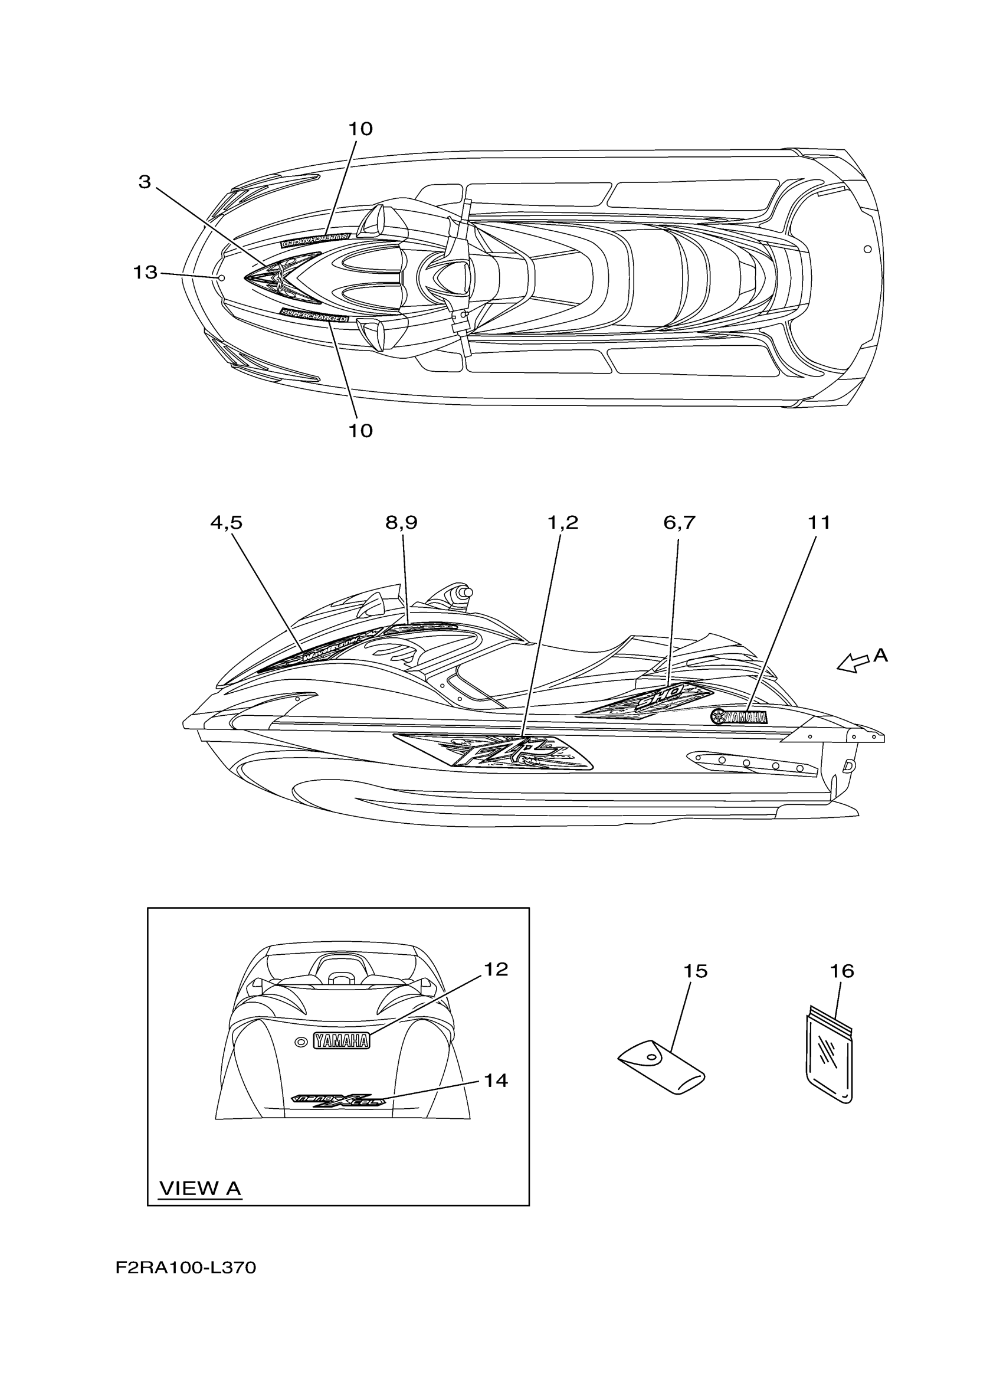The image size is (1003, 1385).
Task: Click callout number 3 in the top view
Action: click(144, 182)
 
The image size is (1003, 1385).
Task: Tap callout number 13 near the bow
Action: click(145, 273)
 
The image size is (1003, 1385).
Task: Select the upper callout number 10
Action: click(360, 129)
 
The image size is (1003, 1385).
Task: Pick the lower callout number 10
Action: click(360, 431)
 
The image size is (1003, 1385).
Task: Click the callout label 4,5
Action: click(226, 523)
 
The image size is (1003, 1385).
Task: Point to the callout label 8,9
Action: click(401, 523)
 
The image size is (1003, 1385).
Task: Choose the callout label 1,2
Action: click(562, 523)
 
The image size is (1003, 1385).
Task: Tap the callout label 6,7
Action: click(679, 523)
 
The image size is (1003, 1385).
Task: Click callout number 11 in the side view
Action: click(820, 523)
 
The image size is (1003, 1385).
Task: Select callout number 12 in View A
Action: click(496, 969)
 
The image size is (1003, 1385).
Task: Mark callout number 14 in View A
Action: click(496, 1081)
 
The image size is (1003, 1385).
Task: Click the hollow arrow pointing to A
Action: click(852, 663)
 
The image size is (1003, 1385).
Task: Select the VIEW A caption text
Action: click(200, 1188)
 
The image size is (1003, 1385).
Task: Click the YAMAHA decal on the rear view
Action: click(341, 1040)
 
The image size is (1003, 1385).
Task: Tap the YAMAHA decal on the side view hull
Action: click(739, 717)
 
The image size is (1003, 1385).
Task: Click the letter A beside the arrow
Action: click(880, 655)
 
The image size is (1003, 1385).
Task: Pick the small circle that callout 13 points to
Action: click(222, 278)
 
